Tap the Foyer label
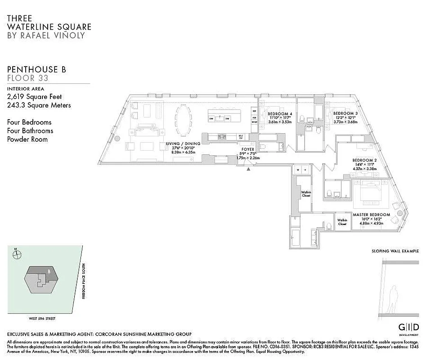[x=248, y=149]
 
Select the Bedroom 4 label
[x=280, y=114]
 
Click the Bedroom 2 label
[x=364, y=161]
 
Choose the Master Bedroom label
[x=371, y=215]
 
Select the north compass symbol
[x=18, y=255]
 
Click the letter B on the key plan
[x=49, y=271]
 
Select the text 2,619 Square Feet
[x=35, y=97]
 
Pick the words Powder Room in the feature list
[x=27, y=139]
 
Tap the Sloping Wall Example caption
[x=395, y=251]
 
